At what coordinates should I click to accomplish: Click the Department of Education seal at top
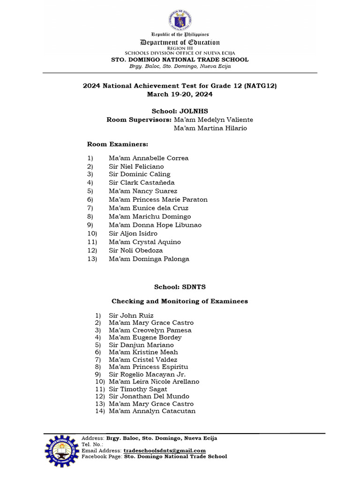click(180, 20)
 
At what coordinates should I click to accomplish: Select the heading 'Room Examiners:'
click(118, 144)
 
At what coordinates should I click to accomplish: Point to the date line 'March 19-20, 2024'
click(180, 94)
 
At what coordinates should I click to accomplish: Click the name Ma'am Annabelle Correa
click(149, 158)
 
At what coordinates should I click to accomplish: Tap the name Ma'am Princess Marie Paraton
click(158, 199)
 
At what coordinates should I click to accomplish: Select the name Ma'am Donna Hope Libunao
click(155, 225)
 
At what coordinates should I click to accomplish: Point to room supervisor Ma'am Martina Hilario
click(210, 128)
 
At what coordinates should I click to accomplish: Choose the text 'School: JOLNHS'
click(180, 111)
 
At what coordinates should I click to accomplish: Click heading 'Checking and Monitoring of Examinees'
click(180, 301)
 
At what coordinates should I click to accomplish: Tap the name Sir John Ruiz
click(131, 315)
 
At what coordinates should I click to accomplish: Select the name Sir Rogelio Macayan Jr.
click(147, 375)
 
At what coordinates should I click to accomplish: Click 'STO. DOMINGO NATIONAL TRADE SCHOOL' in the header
click(180, 60)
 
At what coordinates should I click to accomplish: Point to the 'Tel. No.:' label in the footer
click(92, 444)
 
